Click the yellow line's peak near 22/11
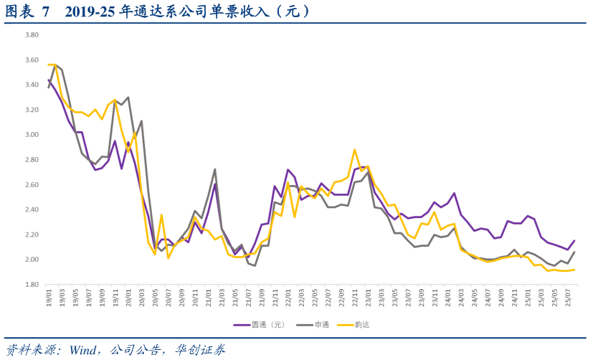354,150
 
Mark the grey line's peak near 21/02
215,169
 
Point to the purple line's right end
574,240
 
